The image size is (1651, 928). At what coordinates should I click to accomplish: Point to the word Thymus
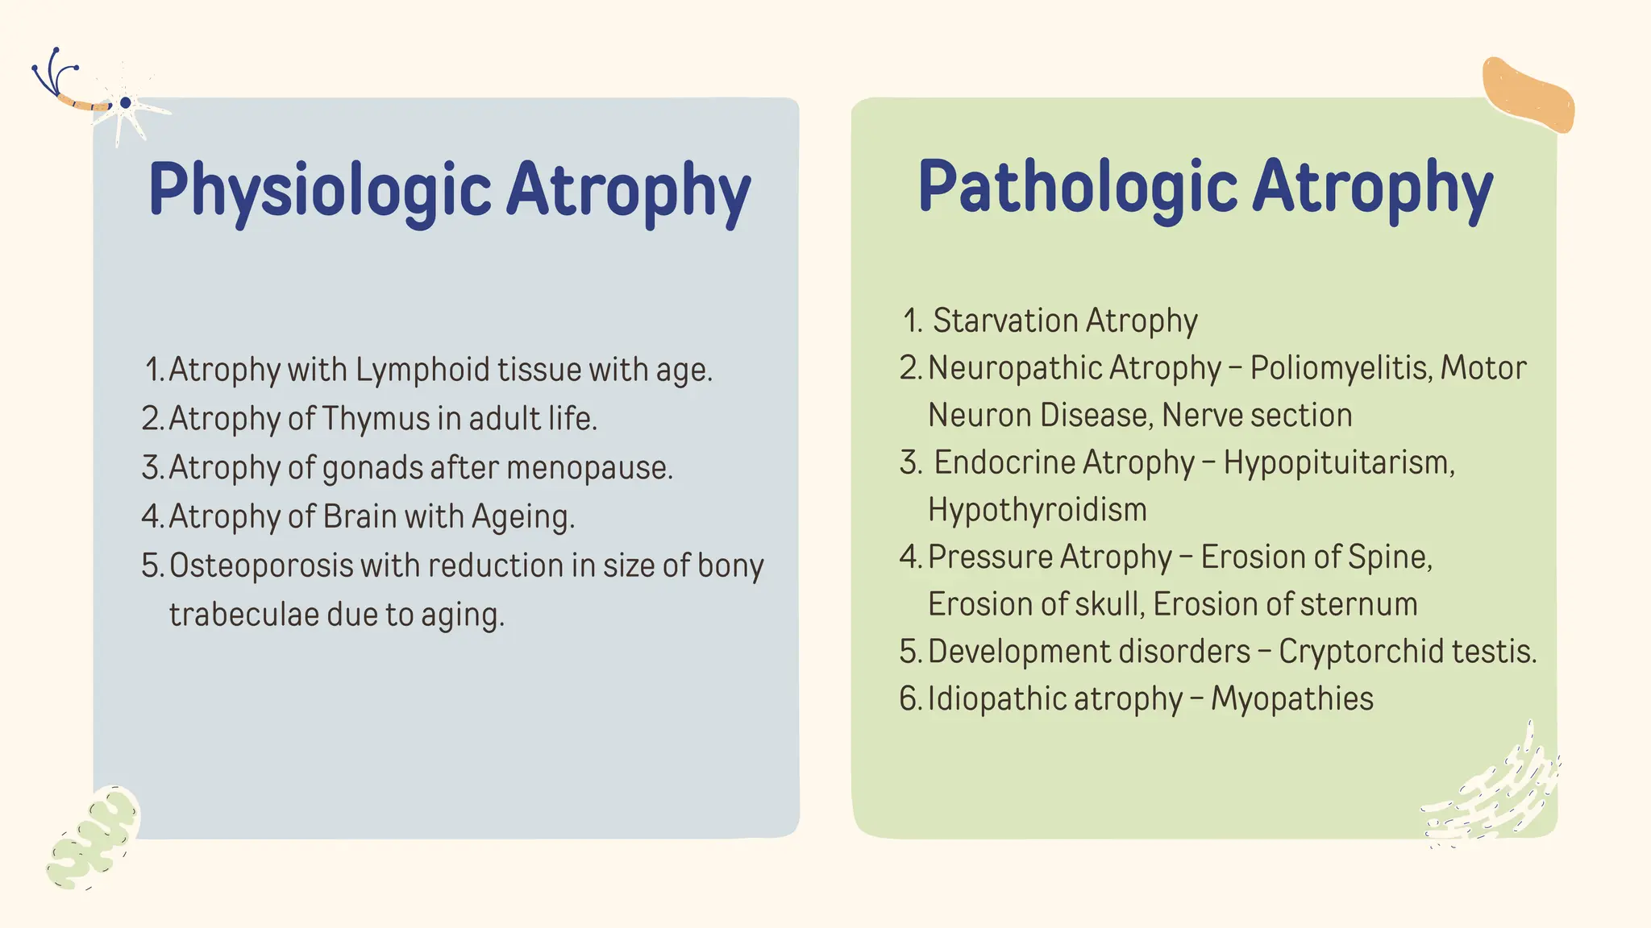click(x=376, y=419)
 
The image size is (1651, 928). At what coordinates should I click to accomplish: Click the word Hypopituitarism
click(x=1339, y=462)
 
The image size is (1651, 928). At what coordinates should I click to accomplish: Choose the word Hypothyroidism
click(x=1037, y=510)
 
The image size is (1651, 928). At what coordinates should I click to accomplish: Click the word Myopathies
click(x=1291, y=698)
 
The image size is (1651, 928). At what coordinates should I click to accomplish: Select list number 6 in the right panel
click(x=909, y=698)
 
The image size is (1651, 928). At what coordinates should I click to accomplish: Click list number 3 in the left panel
click(x=151, y=468)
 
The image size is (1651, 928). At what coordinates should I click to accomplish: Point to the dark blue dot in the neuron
click(x=125, y=103)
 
